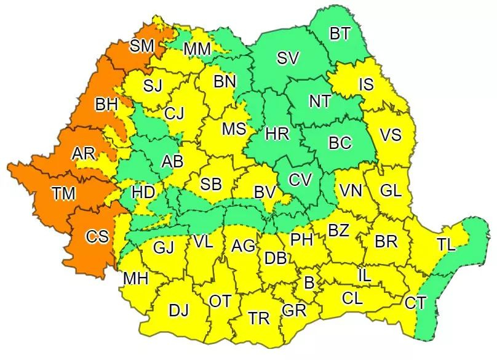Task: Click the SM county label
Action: tap(141, 46)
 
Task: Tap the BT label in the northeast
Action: tap(340, 34)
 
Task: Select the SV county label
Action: tap(288, 58)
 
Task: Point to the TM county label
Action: tap(63, 194)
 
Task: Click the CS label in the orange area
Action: tap(97, 236)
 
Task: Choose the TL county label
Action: tap(446, 246)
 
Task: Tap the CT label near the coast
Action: tap(415, 303)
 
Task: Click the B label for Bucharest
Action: tap(309, 283)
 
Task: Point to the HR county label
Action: tap(277, 134)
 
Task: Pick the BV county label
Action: tap(264, 193)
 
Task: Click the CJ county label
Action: tap(174, 113)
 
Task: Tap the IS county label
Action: tap(366, 85)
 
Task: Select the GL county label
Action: tap(391, 191)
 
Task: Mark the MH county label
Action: tap(135, 279)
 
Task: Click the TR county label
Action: tap(259, 318)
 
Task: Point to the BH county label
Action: tap(106, 105)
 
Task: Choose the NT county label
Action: tap(320, 102)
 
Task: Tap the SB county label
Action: tap(211, 184)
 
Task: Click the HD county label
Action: tap(143, 193)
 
